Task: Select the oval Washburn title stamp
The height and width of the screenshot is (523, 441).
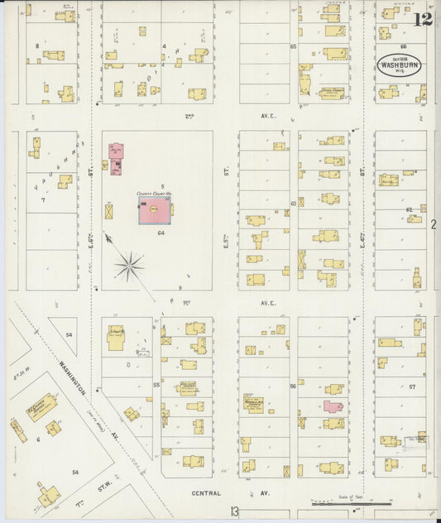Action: point(398,66)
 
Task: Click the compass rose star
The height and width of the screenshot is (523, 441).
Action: point(128,266)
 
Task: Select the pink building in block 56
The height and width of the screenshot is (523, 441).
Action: point(333,407)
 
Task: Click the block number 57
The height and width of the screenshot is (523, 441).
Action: point(411,386)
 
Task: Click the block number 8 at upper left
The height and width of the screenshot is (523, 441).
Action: point(36,45)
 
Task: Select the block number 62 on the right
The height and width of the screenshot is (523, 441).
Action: point(409,210)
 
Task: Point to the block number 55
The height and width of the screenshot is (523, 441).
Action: point(156,386)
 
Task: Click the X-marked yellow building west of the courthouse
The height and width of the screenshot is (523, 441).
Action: point(109,211)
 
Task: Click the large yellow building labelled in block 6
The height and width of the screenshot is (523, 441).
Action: point(41,407)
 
